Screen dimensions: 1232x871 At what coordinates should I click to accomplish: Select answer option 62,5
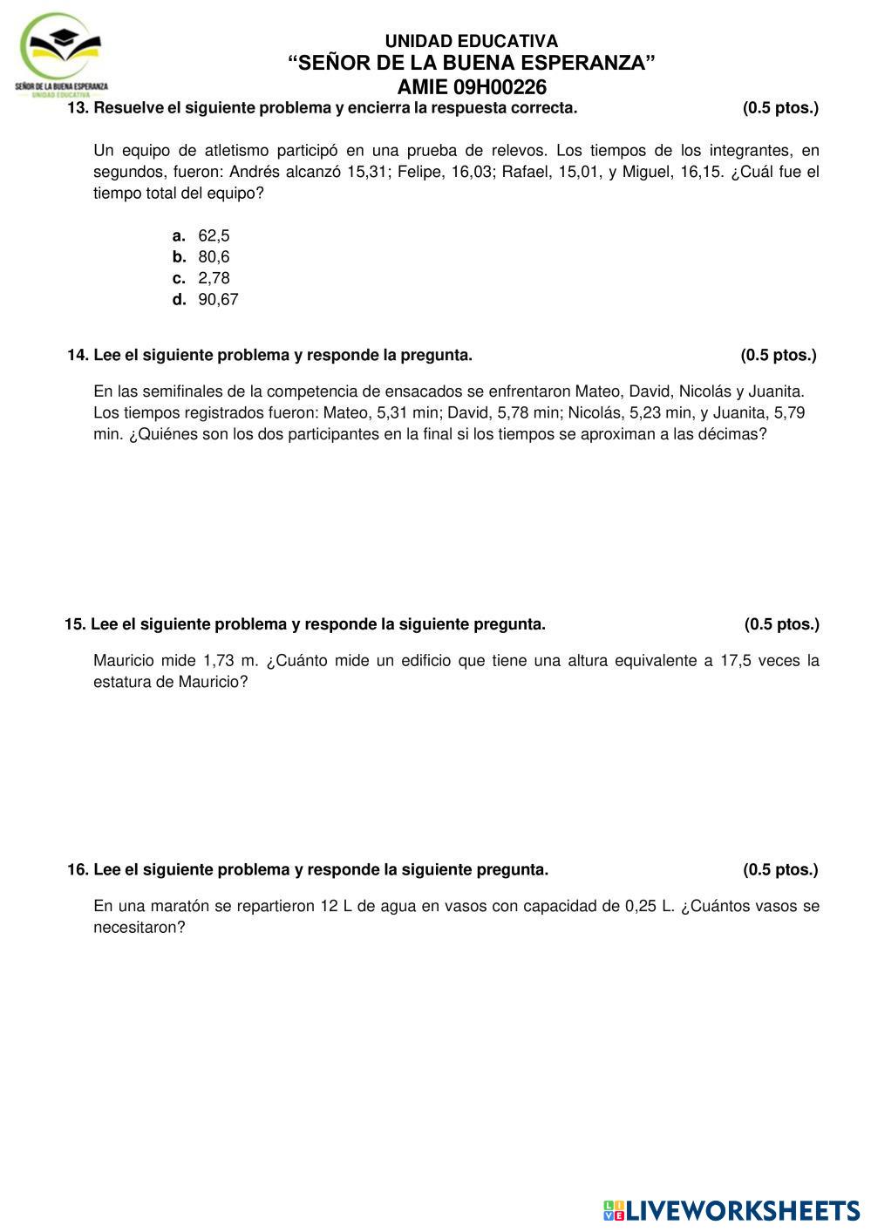pos(214,235)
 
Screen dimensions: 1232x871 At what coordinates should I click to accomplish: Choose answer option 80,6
pos(214,256)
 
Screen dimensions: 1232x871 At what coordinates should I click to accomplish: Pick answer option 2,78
pos(214,278)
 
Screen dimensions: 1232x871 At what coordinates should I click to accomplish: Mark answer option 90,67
pos(218,299)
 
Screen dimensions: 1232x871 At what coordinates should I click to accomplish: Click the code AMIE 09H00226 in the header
pos(472,87)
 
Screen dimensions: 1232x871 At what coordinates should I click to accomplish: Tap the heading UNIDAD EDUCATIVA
pos(472,41)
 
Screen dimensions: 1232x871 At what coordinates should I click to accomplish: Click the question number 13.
pos(78,108)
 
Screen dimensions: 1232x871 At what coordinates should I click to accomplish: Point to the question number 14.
pos(78,355)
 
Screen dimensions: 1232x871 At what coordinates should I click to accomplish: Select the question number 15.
pos(76,624)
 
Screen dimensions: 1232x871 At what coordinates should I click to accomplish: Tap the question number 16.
pos(78,869)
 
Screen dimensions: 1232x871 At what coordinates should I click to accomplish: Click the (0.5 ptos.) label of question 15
pos(781,624)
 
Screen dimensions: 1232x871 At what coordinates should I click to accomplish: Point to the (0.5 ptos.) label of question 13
pos(780,108)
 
